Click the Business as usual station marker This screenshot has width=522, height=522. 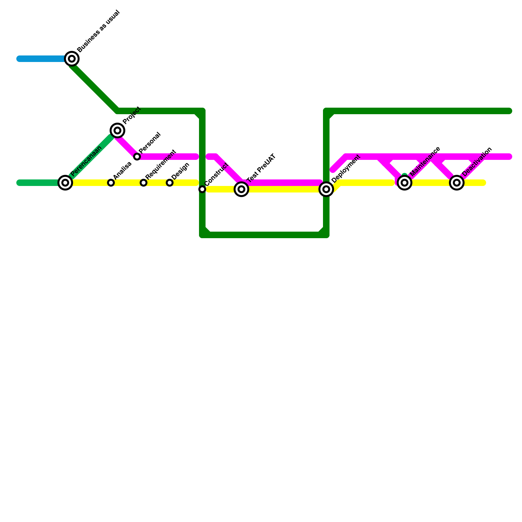click(72, 59)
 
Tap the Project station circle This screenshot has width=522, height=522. click(117, 130)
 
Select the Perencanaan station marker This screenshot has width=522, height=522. click(65, 183)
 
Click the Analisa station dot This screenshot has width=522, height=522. click(111, 183)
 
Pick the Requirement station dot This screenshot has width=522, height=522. click(144, 183)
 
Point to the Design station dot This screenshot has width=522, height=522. click(170, 183)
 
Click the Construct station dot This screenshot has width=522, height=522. click(202, 189)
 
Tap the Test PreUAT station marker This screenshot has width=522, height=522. click(241, 189)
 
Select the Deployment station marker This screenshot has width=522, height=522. click(326, 189)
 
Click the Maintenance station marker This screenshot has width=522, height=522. click(405, 183)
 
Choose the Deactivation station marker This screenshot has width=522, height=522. click(457, 183)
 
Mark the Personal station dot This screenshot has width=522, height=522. click(137, 157)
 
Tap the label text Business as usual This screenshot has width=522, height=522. click(99, 32)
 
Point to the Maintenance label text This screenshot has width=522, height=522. click(426, 162)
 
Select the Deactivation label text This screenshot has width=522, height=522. click(477, 162)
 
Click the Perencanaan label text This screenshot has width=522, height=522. click(86, 161)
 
